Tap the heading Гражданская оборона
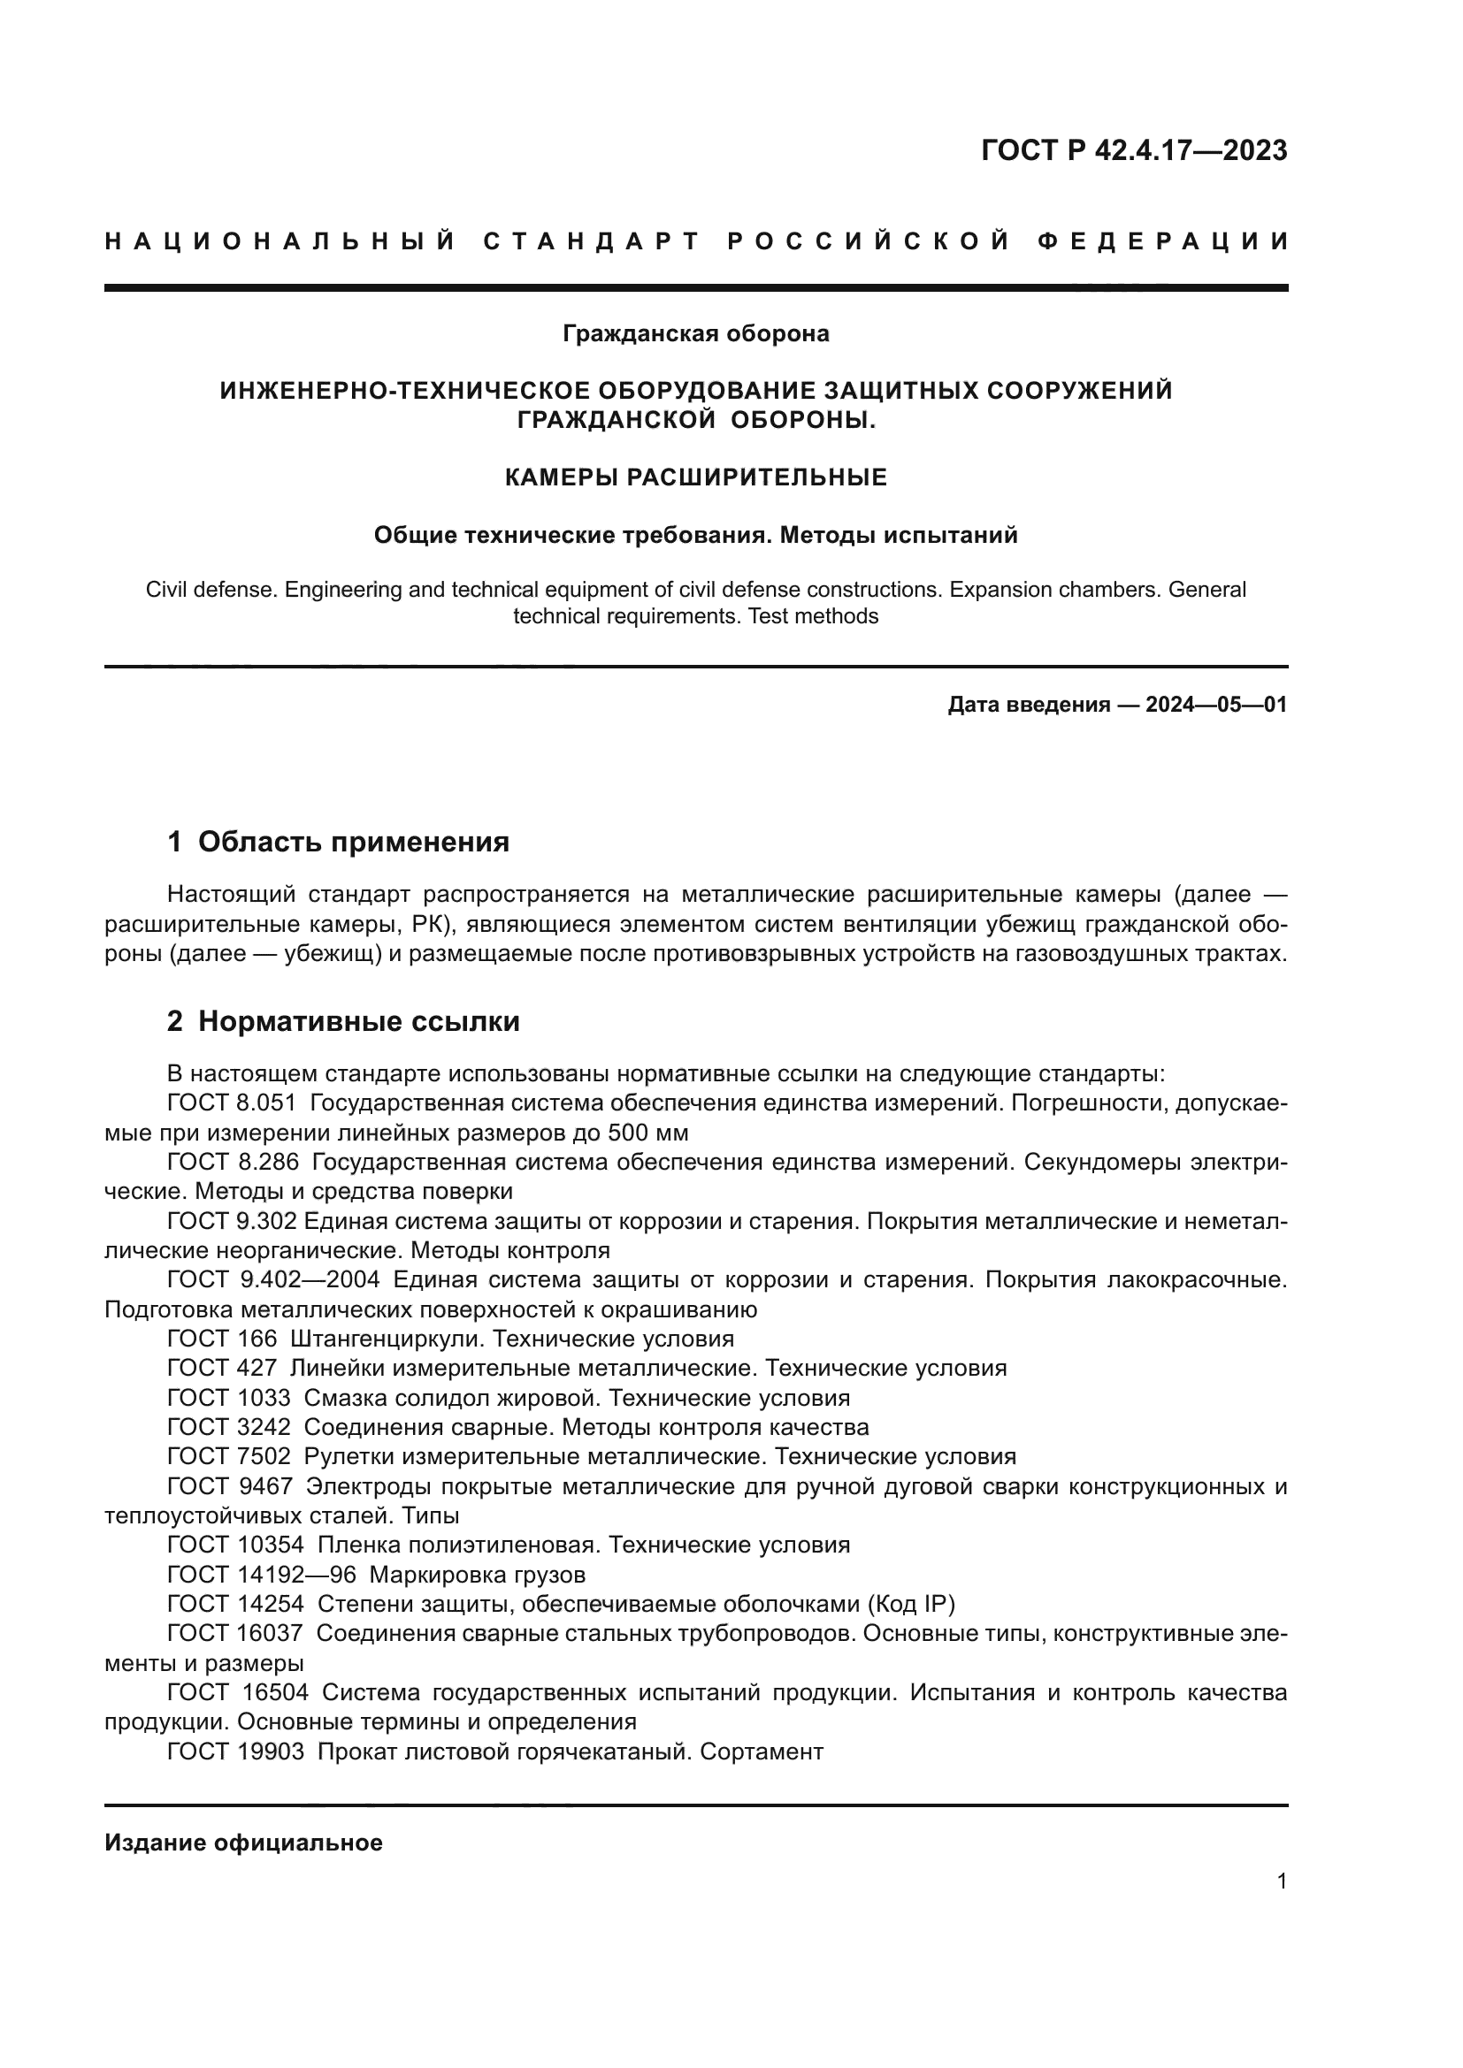pyautogui.click(x=695, y=334)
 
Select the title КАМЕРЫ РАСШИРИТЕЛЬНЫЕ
pyautogui.click(x=695, y=477)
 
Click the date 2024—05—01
pyautogui.click(x=1215, y=705)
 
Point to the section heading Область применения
pyautogui.click(x=353, y=843)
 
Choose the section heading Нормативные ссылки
pyautogui.click(x=358, y=1021)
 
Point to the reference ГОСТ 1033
pyautogui.click(x=229, y=1398)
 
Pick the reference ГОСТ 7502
pyautogui.click(x=229, y=1456)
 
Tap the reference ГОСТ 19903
pyautogui.click(x=235, y=1751)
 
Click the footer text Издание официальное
pyautogui.click(x=243, y=1843)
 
